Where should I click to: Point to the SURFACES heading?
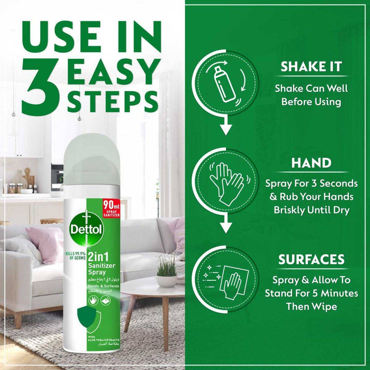(x=311, y=260)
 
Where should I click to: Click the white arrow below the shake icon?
(x=225, y=128)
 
